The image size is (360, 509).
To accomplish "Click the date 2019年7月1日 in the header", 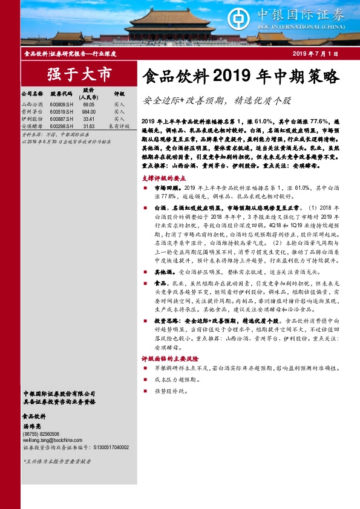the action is click(315, 54).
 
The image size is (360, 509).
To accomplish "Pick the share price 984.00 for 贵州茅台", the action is click(90, 112).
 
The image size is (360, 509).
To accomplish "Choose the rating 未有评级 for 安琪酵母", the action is click(119, 126).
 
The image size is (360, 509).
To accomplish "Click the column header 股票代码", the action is click(61, 95).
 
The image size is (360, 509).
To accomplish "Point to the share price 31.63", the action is click(90, 126).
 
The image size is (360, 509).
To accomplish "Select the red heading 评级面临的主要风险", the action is click(171, 358).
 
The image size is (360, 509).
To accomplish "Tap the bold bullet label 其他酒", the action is click(163, 272).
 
